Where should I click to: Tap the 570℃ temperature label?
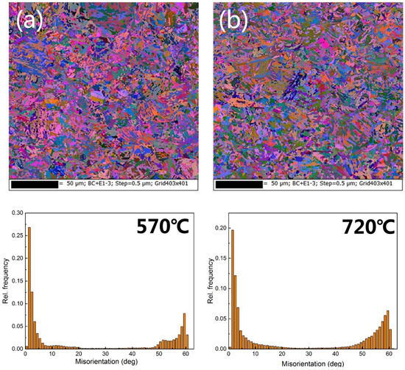158,224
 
